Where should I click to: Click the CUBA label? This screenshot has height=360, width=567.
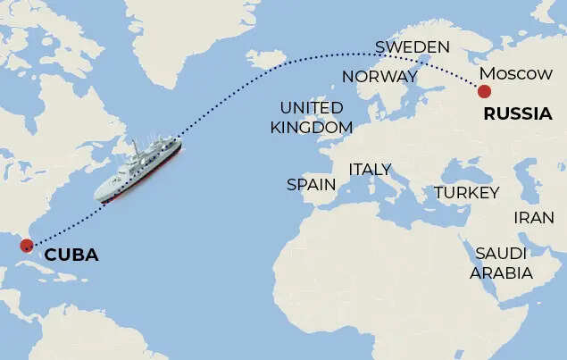(71, 255)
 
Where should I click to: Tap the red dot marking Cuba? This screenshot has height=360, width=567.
(26, 244)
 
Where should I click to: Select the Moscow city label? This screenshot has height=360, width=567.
(515, 73)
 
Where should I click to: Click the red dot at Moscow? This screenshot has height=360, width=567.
(484, 91)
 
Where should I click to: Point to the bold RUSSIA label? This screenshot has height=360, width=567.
(517, 114)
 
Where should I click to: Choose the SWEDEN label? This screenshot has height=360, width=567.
(412, 46)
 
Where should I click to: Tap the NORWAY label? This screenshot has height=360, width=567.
(379, 77)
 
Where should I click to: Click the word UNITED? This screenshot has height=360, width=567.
(312, 108)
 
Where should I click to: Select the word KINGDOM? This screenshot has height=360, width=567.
(312, 127)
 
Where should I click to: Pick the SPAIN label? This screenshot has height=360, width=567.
(311, 185)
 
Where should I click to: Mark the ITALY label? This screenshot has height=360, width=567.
(370, 169)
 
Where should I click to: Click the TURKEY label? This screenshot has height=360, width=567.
(466, 193)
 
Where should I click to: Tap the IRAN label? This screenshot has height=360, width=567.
(534, 217)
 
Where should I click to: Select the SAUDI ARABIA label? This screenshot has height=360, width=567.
(502, 264)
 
